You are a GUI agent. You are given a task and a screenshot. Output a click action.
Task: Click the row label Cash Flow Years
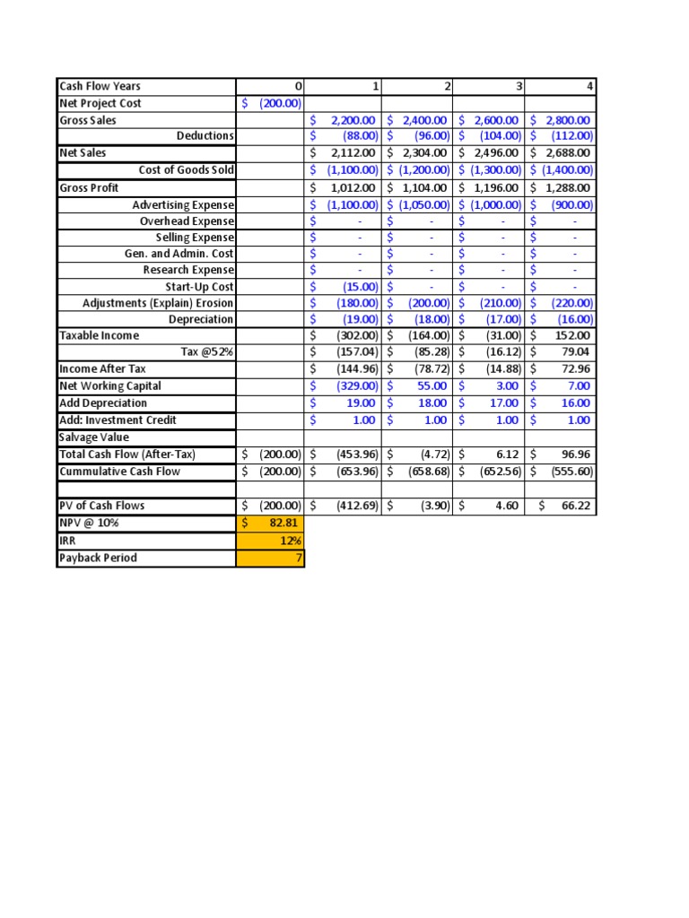click(x=100, y=86)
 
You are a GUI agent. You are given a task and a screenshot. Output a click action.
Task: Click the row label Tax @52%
click(x=207, y=351)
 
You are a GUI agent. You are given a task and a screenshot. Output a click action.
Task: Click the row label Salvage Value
click(x=94, y=437)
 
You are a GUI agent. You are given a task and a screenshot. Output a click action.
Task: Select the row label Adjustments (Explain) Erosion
click(x=158, y=303)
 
